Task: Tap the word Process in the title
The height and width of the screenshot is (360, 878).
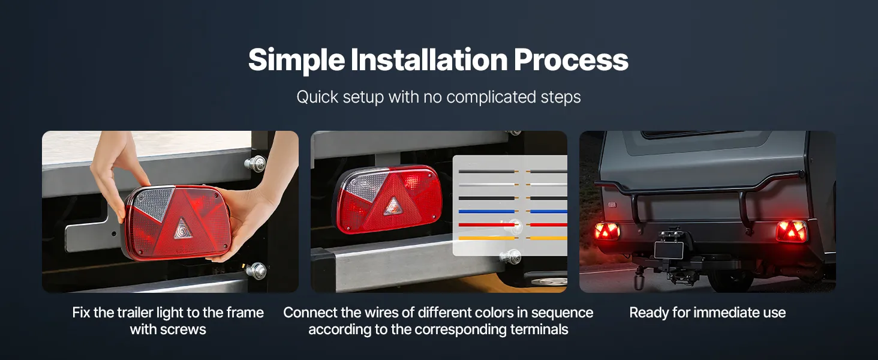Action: [x=571, y=59]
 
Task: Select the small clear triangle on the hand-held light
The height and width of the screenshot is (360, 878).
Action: [x=183, y=229]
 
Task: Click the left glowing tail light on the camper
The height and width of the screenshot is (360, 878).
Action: [x=607, y=231]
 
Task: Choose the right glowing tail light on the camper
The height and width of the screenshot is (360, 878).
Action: [x=792, y=231]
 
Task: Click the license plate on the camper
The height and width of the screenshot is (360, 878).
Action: [x=669, y=250]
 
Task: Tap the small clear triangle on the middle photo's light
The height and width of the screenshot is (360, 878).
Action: [x=393, y=206]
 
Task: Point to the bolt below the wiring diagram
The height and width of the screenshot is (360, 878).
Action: [x=510, y=257]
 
